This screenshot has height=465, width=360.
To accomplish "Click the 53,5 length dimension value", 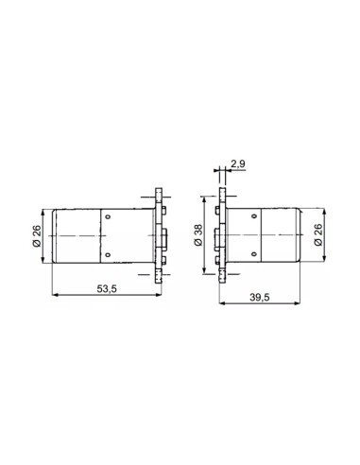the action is click(107, 288).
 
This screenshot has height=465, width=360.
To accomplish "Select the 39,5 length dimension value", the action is click(260, 297).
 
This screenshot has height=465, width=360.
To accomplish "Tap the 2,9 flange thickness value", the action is click(238, 164).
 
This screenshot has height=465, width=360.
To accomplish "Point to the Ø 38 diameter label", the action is click(198, 235).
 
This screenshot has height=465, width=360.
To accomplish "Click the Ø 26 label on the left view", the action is click(37, 235).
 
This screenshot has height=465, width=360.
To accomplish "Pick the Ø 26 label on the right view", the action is click(318, 234).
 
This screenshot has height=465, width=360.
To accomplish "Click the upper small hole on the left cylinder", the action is click(108, 216).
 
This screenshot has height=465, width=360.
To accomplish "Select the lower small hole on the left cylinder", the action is click(108, 254).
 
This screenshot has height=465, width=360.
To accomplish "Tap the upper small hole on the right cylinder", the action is click(254, 216).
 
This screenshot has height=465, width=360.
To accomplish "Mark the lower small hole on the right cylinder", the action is click(254, 254).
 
